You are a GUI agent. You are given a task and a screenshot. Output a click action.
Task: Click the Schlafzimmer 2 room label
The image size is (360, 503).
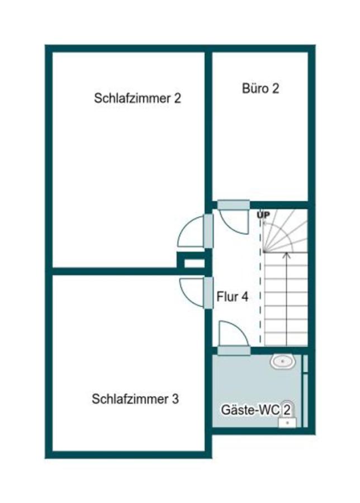tap(138, 99)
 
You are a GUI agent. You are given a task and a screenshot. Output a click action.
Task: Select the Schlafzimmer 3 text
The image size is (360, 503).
tap(135, 399)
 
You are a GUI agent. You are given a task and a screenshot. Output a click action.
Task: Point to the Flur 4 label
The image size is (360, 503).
tap(233, 297)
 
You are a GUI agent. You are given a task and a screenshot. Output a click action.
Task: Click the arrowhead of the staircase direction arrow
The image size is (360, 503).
tap(286, 255)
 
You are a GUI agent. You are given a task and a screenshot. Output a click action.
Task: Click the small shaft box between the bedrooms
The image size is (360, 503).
tap(194, 262)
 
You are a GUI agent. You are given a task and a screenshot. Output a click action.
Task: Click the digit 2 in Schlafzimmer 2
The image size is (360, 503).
tap(177, 99)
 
